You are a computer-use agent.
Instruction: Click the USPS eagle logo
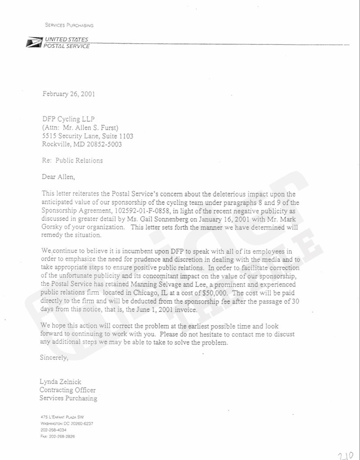[33, 43]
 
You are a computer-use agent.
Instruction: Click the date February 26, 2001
[68, 94]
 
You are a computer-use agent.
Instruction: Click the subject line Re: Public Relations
[72, 161]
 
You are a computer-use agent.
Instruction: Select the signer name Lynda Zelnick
[60, 382]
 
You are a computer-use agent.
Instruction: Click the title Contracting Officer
[67, 390]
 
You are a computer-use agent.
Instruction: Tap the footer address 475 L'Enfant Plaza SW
[63, 417]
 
